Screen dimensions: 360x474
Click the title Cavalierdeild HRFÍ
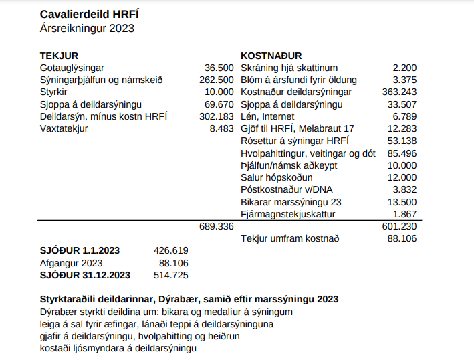pos(90,13)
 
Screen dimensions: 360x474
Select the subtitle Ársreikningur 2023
pos(87,28)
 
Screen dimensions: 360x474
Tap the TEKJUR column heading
pos(60,56)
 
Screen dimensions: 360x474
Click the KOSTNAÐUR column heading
pos(271,56)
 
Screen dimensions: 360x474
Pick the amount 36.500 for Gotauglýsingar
pos(219,68)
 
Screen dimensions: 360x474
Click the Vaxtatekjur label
pos(64,128)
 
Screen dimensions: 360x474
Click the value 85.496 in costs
pos(402,153)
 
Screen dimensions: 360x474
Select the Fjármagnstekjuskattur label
pos(287,214)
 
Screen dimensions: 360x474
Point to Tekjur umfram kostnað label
pos(289,238)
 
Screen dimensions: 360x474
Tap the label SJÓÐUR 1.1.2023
pos(80,250)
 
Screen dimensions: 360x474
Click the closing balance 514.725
pos(170,274)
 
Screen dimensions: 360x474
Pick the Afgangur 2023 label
pos(72,262)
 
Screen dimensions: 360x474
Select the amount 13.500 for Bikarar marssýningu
pos(402,202)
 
